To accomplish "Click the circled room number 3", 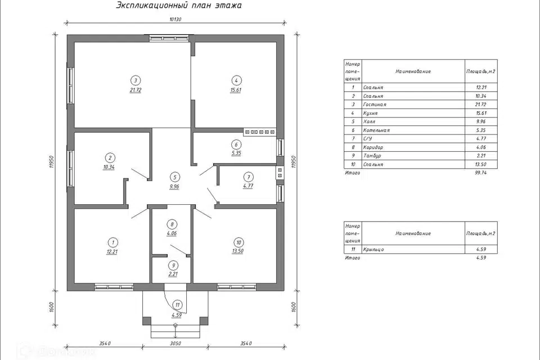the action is click(x=136, y=80).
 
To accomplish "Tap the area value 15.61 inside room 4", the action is click(x=236, y=90).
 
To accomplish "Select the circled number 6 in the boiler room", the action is click(x=236, y=145).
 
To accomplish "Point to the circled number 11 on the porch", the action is click(x=178, y=305).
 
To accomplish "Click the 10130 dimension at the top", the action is click(x=175, y=19).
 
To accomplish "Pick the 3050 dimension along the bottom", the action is click(x=175, y=344).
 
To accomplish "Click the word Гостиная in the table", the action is click(x=375, y=105).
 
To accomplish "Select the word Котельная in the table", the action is click(x=376, y=130).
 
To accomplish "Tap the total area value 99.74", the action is click(x=481, y=173).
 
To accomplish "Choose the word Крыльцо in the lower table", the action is click(x=373, y=249).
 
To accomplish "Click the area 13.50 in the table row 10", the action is click(x=481, y=164).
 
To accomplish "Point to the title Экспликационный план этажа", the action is click(x=179, y=5).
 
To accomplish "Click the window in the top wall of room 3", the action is click(x=169, y=38).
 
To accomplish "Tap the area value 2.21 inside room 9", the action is click(x=173, y=274).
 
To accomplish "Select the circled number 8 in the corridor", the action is click(x=172, y=224).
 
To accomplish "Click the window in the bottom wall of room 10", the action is click(x=237, y=287).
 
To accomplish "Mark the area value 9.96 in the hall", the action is click(x=174, y=186).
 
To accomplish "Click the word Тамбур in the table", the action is click(x=372, y=156).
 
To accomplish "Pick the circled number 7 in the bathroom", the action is click(x=248, y=177).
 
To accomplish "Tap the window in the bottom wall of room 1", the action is click(x=114, y=287).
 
